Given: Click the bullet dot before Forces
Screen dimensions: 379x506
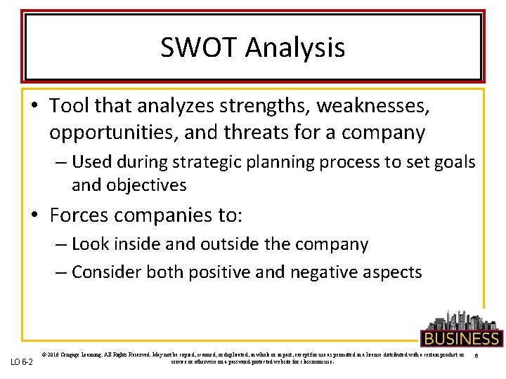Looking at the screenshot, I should (35, 214).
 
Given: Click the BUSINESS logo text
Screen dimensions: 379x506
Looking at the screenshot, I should (461, 338).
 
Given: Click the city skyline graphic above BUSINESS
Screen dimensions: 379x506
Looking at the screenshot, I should (460, 319).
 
